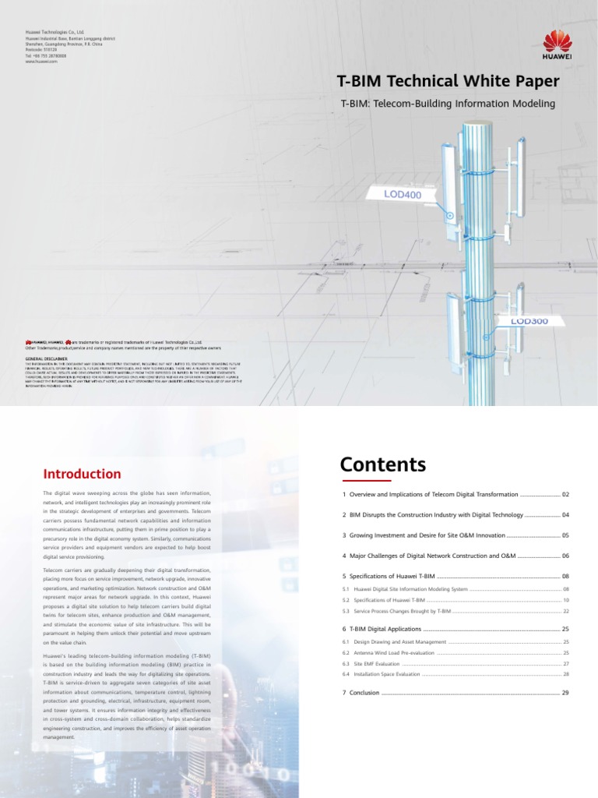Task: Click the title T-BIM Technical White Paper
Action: pos(447,82)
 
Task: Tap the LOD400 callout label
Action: pos(406,192)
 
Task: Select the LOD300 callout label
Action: pos(529,321)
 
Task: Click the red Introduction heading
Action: pos(82,474)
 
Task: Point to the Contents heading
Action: pos(383,465)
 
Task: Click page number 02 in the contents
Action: pos(566,495)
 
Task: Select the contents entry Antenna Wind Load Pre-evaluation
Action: pos(387,652)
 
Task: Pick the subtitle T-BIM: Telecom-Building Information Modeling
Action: pos(448,104)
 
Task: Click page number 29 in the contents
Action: pos(566,692)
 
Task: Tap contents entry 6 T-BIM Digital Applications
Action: pos(382,628)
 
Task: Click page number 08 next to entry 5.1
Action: pos(566,589)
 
